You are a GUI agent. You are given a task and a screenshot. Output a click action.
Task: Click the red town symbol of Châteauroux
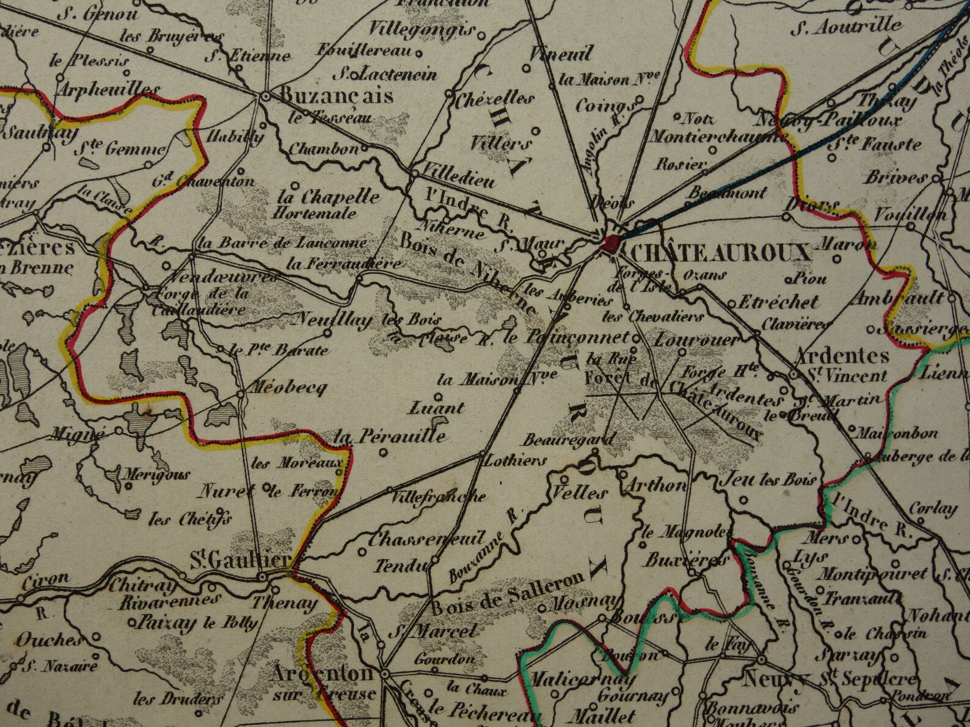point(609,244)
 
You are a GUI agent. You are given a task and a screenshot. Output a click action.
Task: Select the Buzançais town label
point(337,96)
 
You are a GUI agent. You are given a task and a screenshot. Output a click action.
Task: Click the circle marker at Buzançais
point(265,96)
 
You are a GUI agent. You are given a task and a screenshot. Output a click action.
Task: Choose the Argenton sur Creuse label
point(322,682)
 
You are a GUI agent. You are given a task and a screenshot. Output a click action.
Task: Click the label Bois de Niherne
point(469,274)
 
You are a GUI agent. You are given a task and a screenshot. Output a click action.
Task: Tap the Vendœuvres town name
point(214,278)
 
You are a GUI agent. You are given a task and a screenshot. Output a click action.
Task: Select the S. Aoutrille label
point(846,26)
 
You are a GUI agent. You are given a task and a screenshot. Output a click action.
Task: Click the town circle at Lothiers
point(482,453)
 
